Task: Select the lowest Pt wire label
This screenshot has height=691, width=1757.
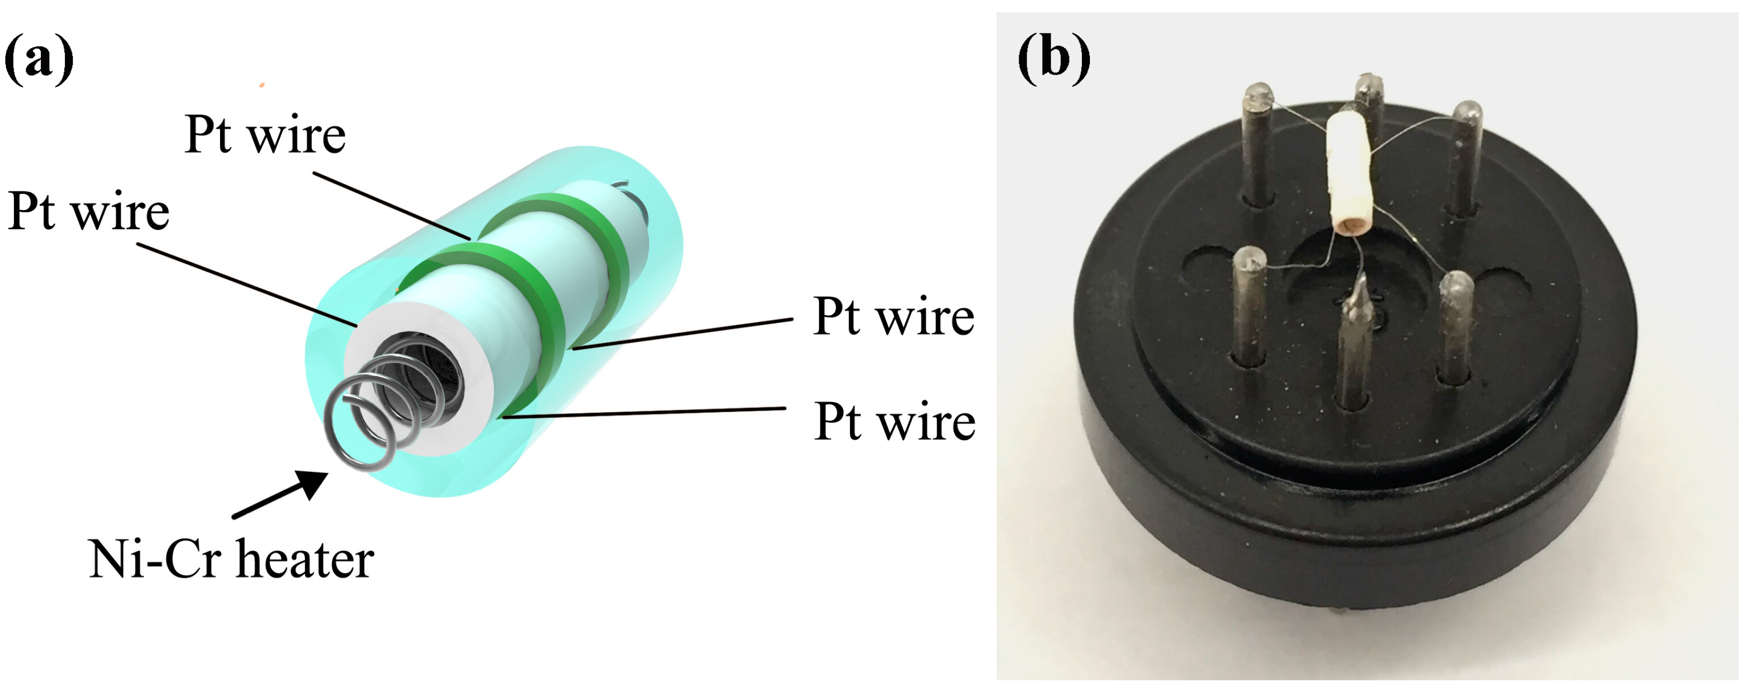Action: coord(894,422)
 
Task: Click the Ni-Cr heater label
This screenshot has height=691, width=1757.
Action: coord(231,559)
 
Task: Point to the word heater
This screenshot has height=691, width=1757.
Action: coord(305,559)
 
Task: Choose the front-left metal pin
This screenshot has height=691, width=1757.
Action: coord(1249,307)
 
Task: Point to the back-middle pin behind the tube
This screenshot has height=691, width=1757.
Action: coord(1367,96)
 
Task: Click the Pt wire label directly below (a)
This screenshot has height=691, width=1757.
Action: coord(89,212)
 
